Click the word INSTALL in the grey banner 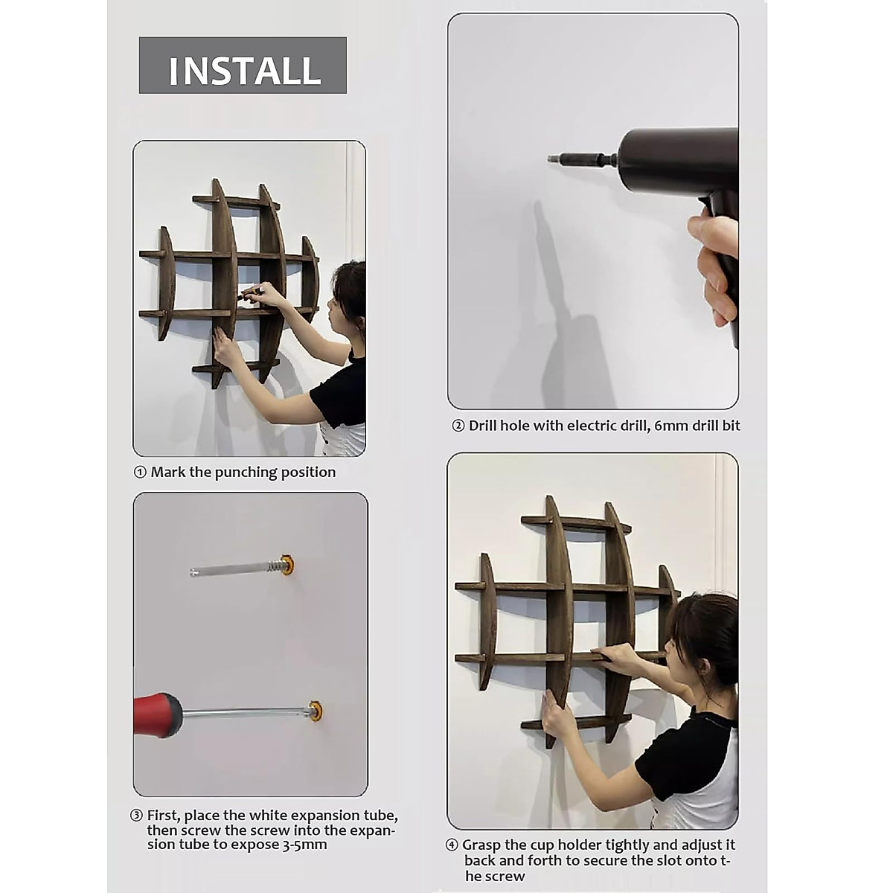245,71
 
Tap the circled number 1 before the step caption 140,473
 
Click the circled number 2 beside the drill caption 458,426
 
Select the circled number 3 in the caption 136,816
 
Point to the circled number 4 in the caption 452,845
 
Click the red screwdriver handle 159,716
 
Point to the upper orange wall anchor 287,564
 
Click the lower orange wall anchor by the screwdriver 316,710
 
